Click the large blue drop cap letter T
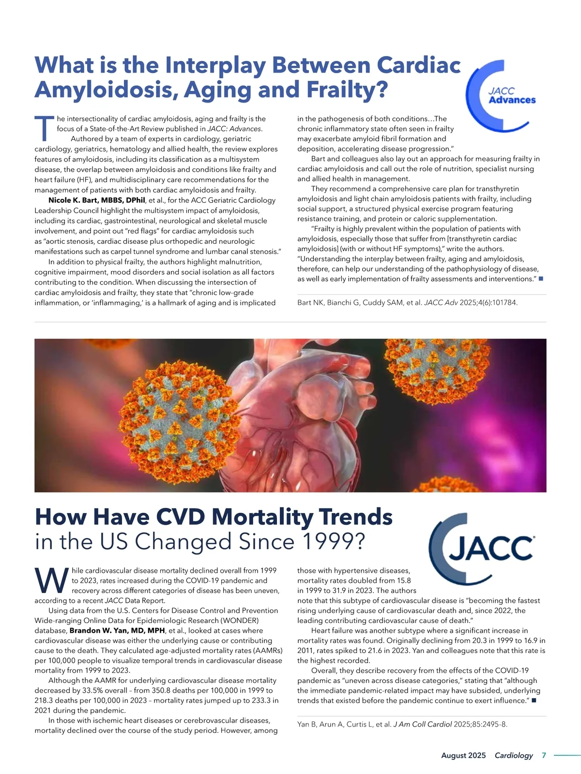click(44, 128)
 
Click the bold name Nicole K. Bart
click(96, 200)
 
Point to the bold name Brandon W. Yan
click(117, 631)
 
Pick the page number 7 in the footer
click(544, 755)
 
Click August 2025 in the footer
click(463, 755)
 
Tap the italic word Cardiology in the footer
click(514, 755)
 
